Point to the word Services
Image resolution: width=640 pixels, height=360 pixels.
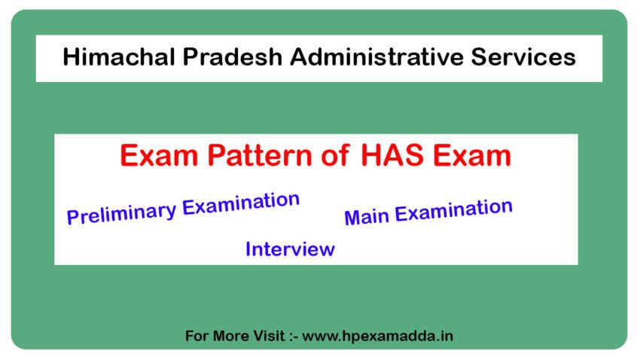[532, 57]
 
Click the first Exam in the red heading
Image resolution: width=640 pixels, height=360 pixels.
[154, 157]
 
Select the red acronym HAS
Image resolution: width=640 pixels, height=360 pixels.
[397, 157]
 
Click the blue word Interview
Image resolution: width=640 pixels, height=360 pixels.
[290, 249]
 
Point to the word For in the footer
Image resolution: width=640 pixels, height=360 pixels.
[198, 336]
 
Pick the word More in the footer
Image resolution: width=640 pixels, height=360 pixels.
[233, 336]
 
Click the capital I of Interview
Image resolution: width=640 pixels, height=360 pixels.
[248, 249]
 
